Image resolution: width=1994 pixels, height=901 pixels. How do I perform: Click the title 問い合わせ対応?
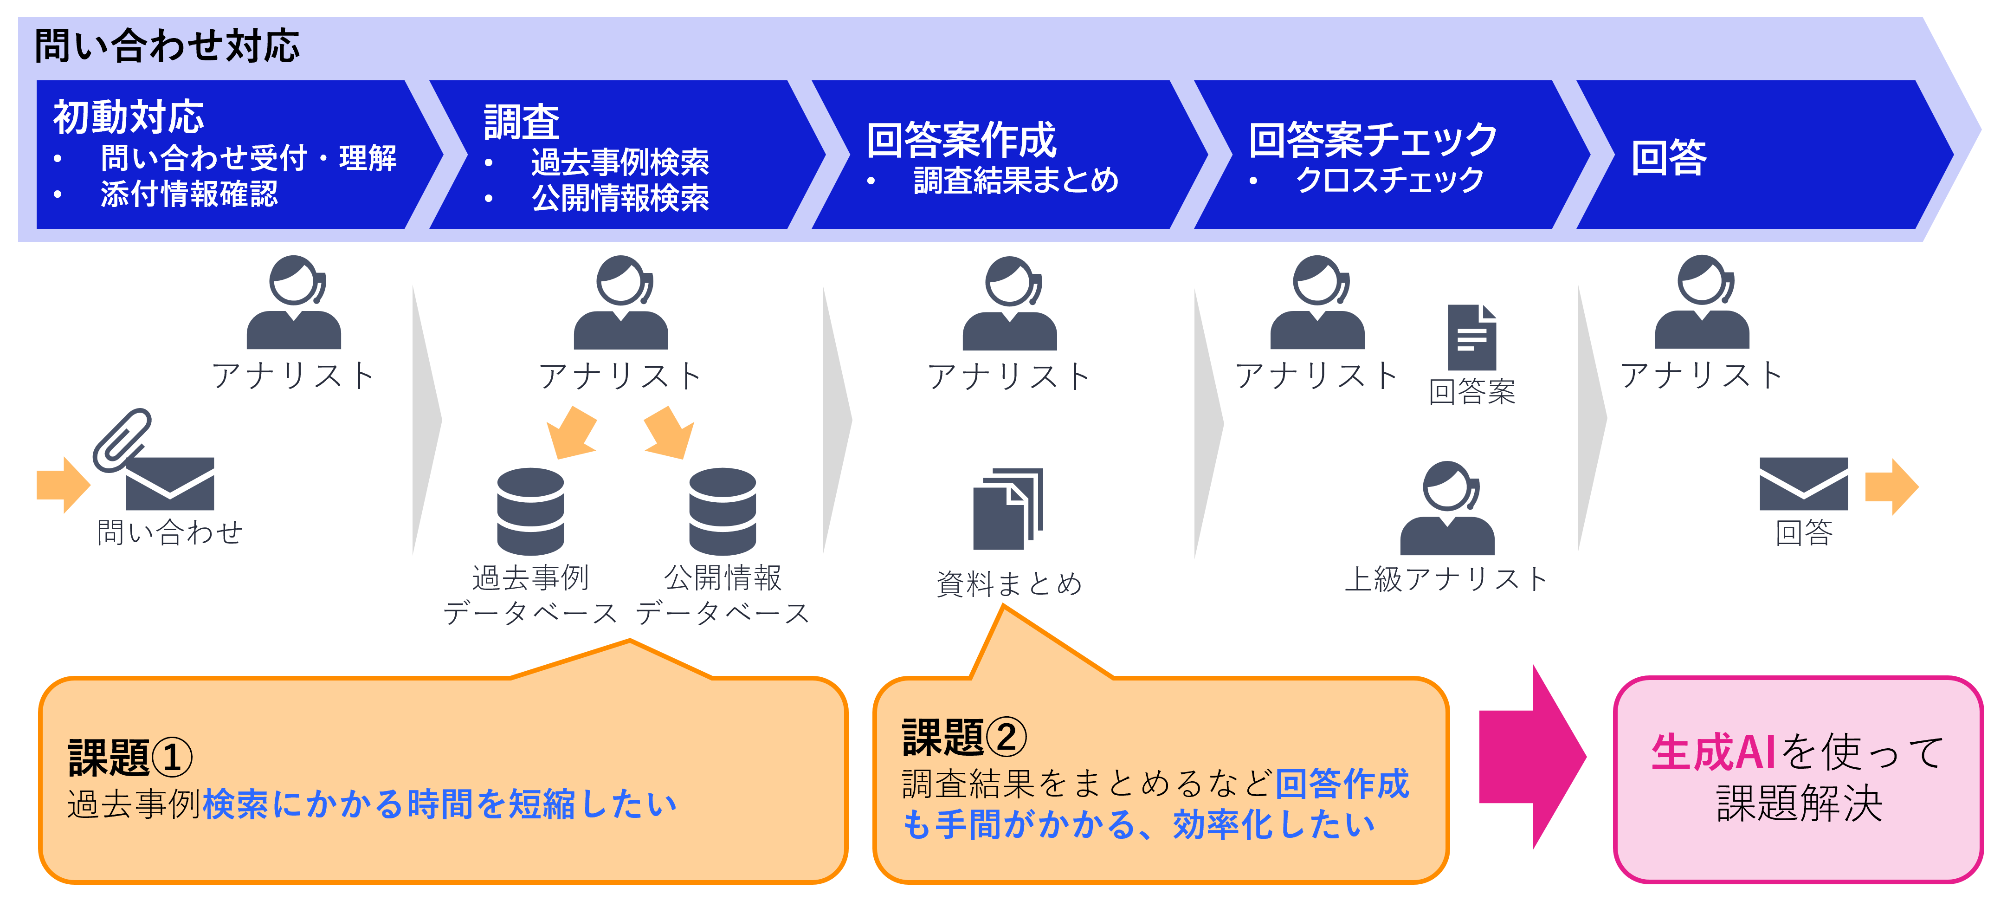click(167, 45)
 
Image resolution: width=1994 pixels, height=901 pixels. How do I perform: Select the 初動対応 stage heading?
click(129, 117)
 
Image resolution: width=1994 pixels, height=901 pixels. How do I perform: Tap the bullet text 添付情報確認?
click(189, 194)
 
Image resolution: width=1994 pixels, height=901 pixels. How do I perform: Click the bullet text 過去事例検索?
click(620, 162)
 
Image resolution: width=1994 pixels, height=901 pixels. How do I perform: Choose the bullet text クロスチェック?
click(1389, 180)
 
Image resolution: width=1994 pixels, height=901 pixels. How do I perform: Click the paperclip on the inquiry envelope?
click(122, 440)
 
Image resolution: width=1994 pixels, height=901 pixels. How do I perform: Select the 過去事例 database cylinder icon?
click(530, 511)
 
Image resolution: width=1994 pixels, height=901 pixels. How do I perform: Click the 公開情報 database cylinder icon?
click(722, 511)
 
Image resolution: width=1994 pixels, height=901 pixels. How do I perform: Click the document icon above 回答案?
click(1471, 337)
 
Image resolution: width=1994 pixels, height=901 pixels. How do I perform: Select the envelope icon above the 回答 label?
click(1804, 484)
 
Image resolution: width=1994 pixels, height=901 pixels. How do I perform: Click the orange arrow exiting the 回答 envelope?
click(1892, 487)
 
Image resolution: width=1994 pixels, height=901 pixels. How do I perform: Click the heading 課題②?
click(964, 737)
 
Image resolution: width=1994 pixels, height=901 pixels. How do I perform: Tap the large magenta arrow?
click(1532, 756)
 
